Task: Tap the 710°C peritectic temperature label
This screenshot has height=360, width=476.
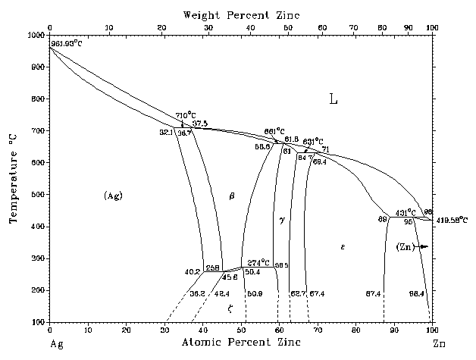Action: pyautogui.click(x=186, y=115)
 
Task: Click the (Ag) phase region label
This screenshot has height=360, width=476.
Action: pyautogui.click(x=113, y=196)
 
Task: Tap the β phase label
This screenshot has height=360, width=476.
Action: pyautogui.click(x=232, y=196)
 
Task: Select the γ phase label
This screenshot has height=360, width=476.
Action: pyautogui.click(x=281, y=220)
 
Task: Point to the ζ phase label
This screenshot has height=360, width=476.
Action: pyautogui.click(x=230, y=308)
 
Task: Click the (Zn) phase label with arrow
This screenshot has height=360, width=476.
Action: pyautogui.click(x=412, y=246)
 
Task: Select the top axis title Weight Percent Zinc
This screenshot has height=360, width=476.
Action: pyautogui.click(x=240, y=14)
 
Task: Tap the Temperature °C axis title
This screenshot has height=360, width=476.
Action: pyautogui.click(x=13, y=179)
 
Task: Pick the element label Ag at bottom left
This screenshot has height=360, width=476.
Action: pyautogui.click(x=55, y=344)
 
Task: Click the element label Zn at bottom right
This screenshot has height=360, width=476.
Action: pyautogui.click(x=439, y=344)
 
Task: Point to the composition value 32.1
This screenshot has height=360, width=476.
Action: pyautogui.click(x=166, y=132)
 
